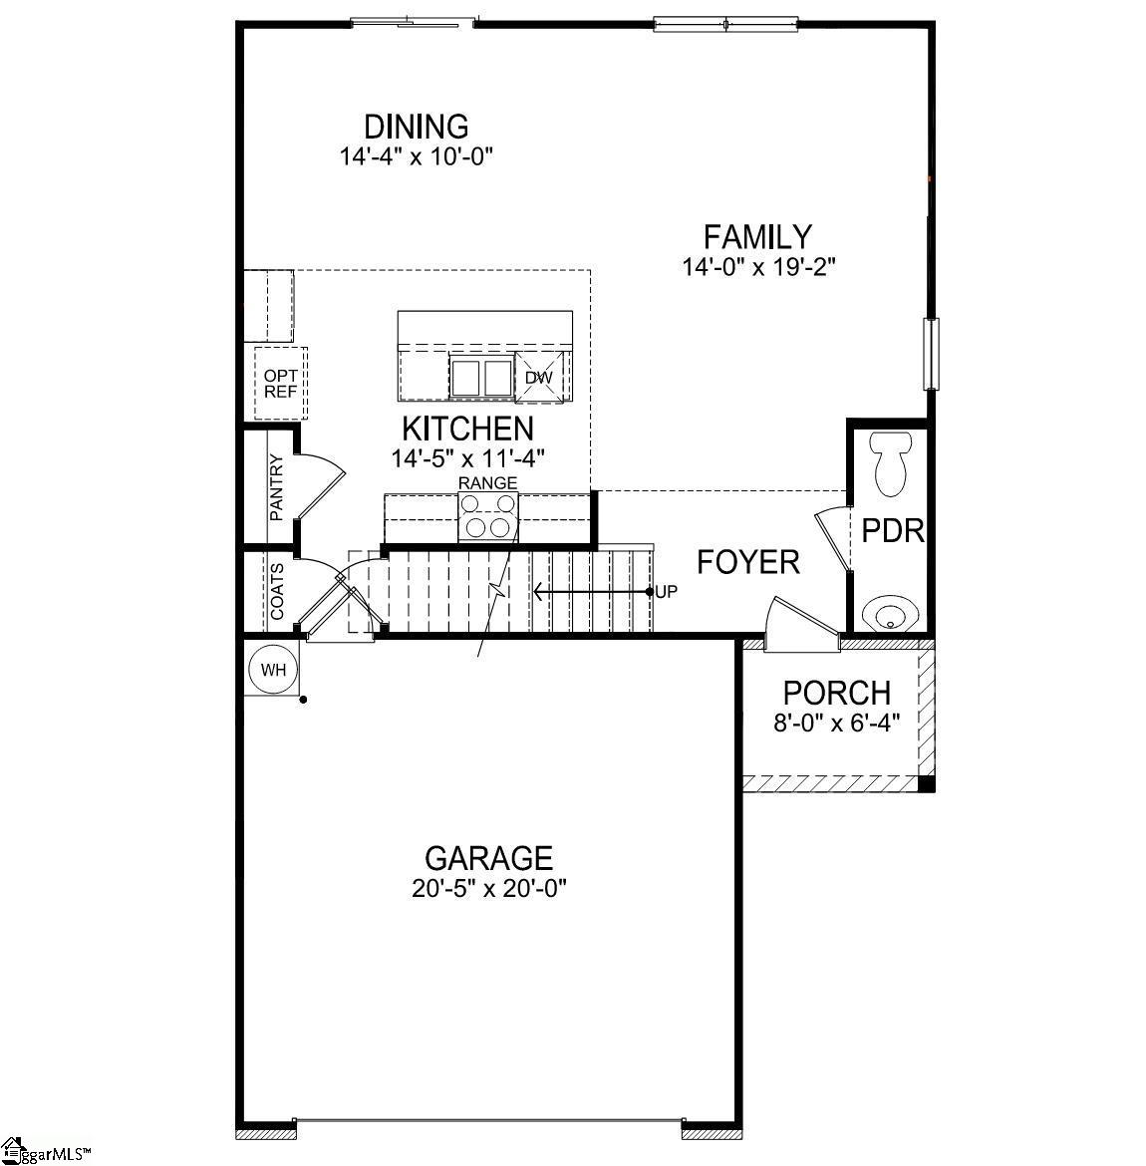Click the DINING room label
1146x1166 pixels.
(x=417, y=127)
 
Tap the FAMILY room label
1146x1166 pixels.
(x=757, y=237)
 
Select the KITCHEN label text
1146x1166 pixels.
(x=467, y=430)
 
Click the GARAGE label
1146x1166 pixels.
(x=488, y=858)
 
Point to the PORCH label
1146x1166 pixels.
(x=837, y=693)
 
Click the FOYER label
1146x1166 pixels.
(x=748, y=562)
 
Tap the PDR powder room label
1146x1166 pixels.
(x=893, y=531)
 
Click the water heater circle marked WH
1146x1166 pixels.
(x=273, y=670)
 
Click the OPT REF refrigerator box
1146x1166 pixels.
(x=280, y=384)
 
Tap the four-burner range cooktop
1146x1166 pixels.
(x=488, y=516)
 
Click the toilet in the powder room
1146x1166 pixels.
(x=891, y=464)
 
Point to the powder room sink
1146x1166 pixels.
(x=889, y=615)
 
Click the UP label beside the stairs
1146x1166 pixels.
(x=667, y=592)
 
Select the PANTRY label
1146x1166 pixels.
(x=277, y=487)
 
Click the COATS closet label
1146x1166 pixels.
(x=277, y=591)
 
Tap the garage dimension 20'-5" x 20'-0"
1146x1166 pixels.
(x=489, y=889)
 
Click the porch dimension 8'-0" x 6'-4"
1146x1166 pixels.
(x=837, y=723)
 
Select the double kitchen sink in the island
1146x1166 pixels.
(x=480, y=377)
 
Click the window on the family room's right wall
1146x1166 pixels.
(x=931, y=354)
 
